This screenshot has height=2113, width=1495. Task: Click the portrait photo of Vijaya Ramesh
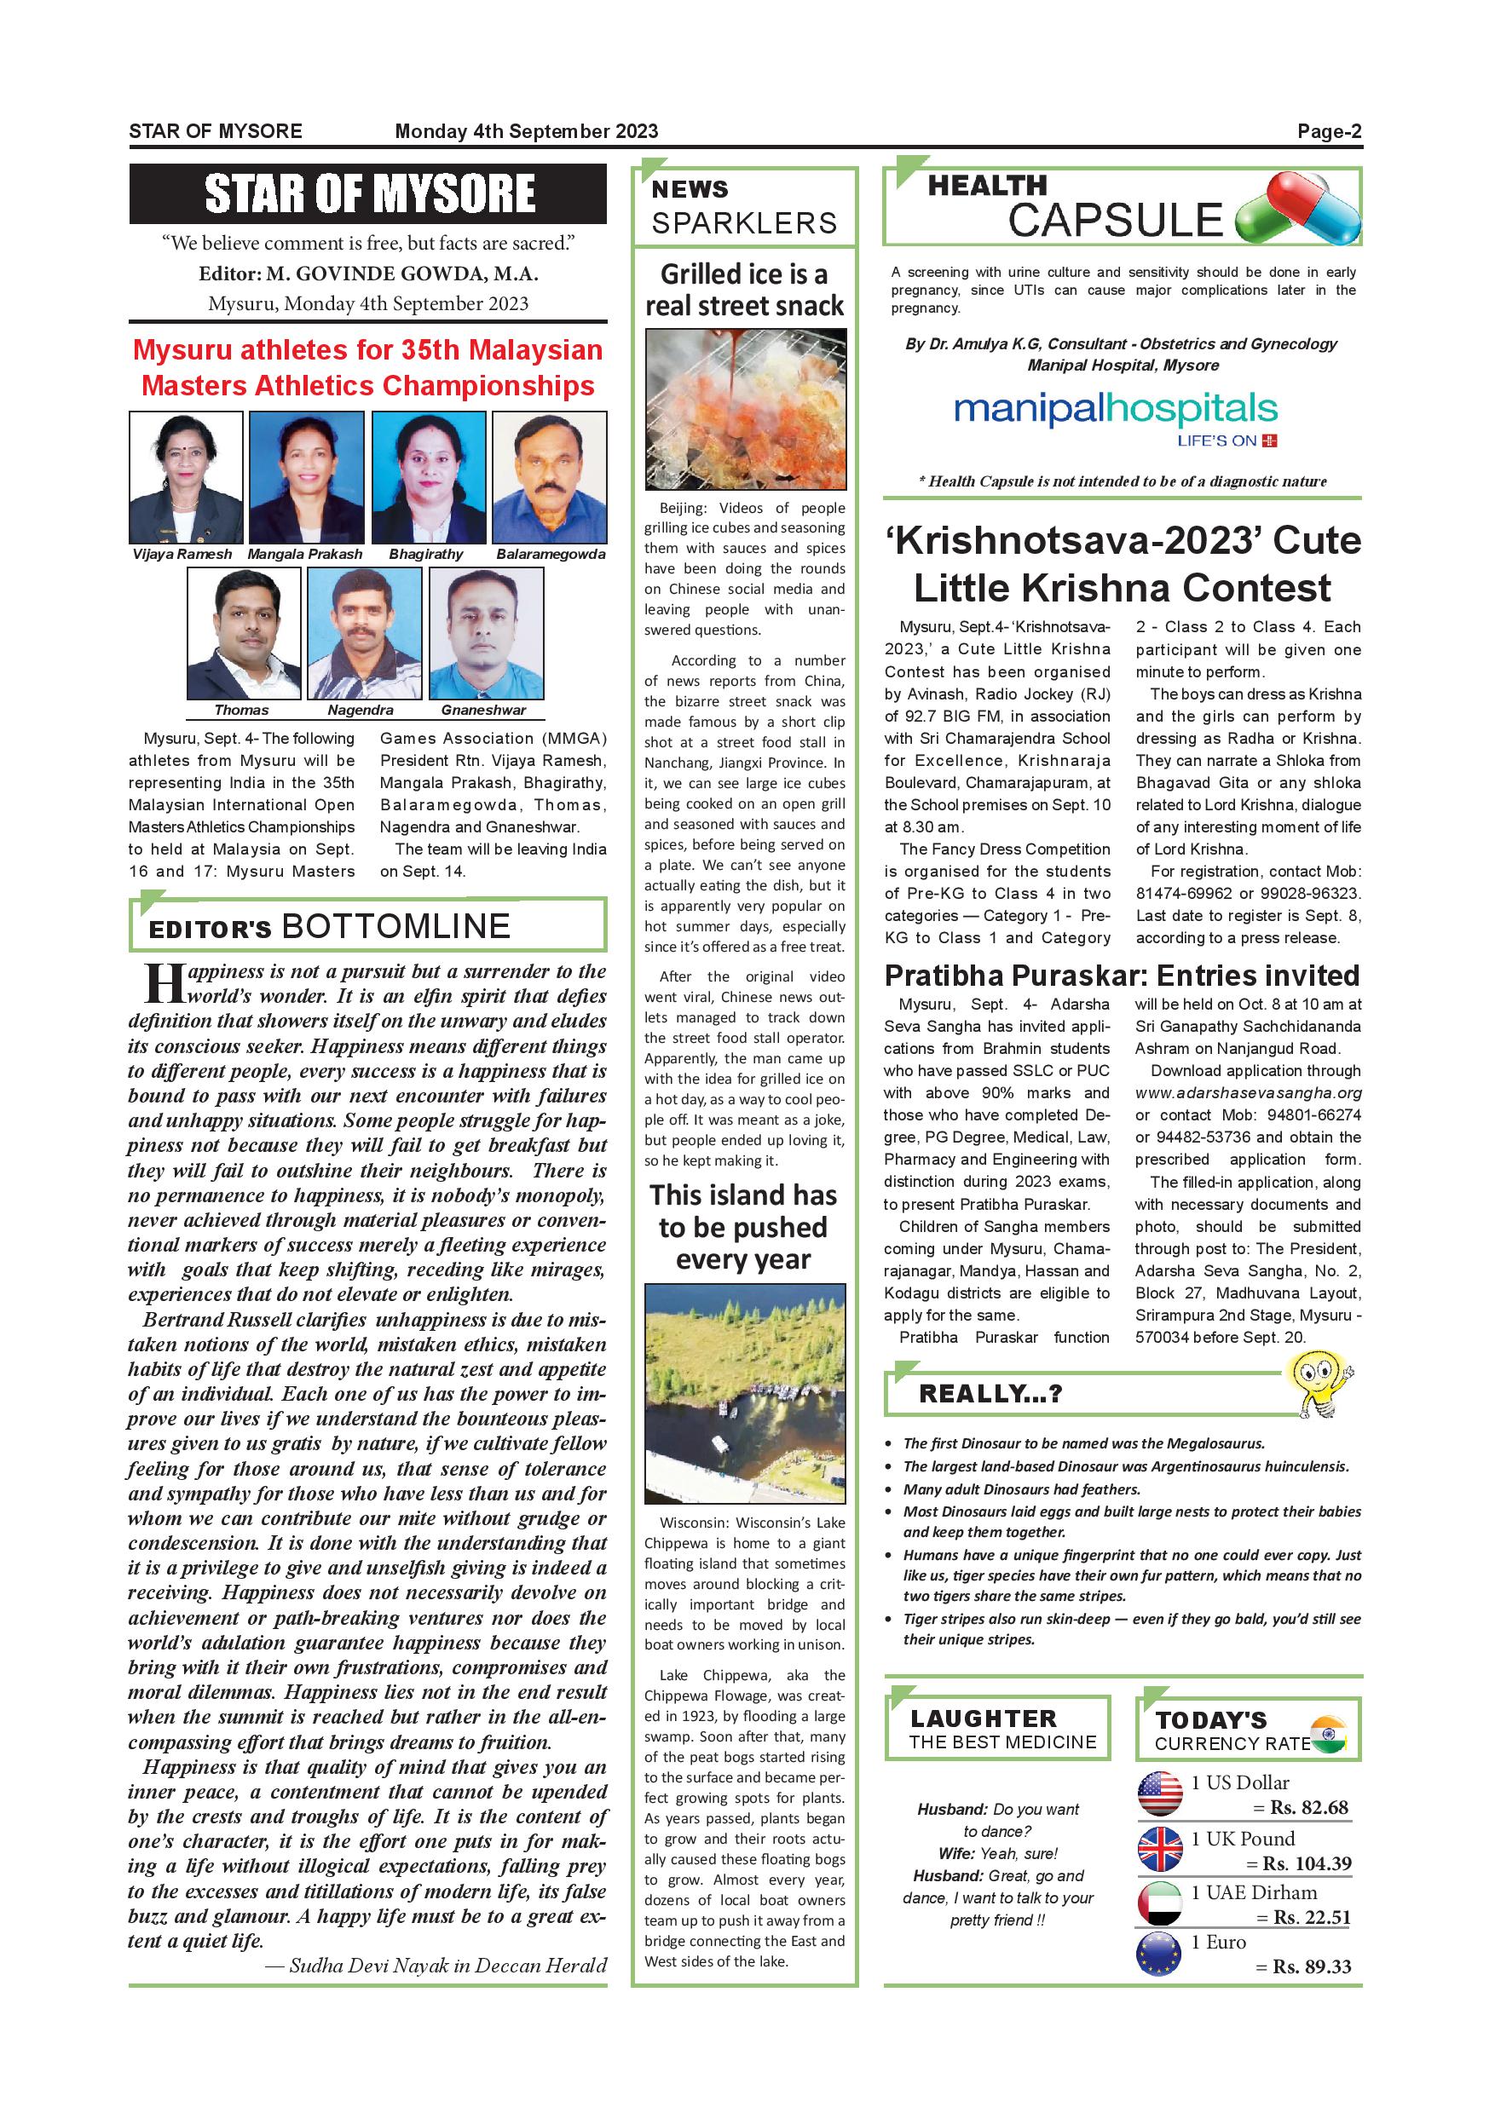coord(186,477)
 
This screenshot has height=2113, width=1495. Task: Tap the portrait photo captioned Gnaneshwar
coord(486,633)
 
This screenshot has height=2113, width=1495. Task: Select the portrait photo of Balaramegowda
coord(550,477)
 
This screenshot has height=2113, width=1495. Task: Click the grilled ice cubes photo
coord(745,410)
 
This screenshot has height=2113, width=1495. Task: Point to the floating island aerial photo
coord(745,1393)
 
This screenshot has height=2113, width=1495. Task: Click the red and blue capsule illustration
coord(1298,210)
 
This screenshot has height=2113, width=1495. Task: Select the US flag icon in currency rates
coord(1160,1793)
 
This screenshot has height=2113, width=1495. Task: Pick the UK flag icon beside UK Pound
coord(1160,1849)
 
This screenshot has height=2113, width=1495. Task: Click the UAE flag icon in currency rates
coord(1160,1903)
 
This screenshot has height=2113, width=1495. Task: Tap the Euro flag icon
coord(1160,1954)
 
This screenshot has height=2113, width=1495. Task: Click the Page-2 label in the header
coord(1329,131)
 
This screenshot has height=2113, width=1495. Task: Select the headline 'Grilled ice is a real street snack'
coord(744,289)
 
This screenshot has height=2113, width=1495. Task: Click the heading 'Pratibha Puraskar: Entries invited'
coord(1122,976)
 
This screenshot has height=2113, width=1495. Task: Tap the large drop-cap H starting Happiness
coord(164,984)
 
